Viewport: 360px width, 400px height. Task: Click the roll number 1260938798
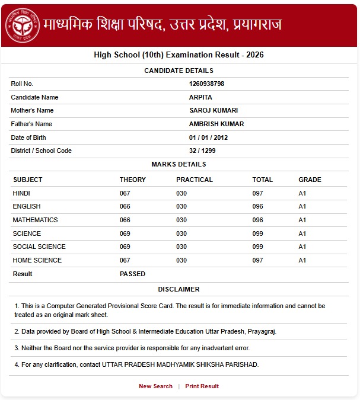point(206,84)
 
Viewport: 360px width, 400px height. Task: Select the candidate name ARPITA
point(200,97)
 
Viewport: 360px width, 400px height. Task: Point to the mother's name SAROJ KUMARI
point(213,110)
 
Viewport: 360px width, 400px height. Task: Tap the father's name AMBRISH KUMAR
point(216,124)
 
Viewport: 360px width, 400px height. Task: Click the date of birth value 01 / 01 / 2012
point(208,137)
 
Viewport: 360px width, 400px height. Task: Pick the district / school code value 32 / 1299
point(202,151)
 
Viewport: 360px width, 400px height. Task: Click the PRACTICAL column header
point(194,180)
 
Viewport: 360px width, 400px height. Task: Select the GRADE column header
point(310,180)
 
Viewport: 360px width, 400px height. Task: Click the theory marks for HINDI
point(125,193)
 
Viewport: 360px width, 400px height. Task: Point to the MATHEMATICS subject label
point(35,220)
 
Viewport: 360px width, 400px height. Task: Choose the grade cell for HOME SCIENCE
point(302,260)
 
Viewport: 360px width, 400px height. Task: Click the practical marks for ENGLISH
point(181,206)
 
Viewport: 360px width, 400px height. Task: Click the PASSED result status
point(132,274)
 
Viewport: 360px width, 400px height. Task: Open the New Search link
point(155,386)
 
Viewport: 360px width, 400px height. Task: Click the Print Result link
point(202,386)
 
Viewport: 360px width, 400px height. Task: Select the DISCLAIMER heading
point(179,289)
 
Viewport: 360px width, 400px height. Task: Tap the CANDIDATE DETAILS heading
point(179,71)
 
